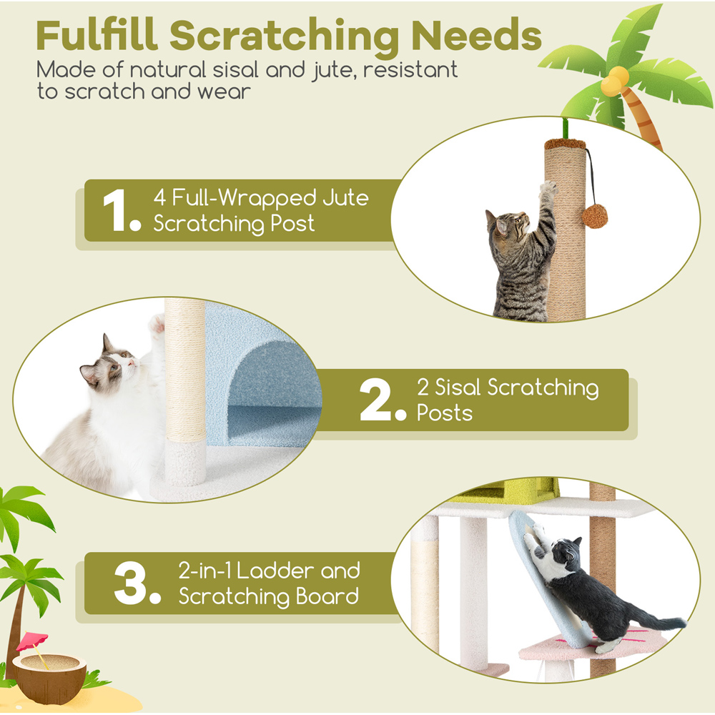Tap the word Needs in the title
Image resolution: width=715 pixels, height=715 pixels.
pos(476,36)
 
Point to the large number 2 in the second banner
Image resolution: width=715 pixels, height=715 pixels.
pos(375,400)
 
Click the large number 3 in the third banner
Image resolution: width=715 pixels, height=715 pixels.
pos(130,583)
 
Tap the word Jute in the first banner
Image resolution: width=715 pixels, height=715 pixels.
pos(345,197)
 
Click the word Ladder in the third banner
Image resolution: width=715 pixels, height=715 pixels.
pos(275,571)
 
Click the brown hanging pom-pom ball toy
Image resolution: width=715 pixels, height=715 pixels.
pos(595,216)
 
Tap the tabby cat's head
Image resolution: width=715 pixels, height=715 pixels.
pos(508,224)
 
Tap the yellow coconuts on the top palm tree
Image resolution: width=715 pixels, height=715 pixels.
pos(614,81)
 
